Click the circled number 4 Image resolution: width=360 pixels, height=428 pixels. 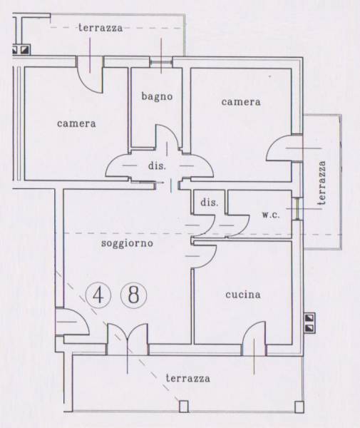pos(98,295)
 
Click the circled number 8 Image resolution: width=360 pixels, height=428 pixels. pos(133,295)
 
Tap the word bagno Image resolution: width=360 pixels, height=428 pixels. pos(157,96)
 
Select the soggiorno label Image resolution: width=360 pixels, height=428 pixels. pos(127,243)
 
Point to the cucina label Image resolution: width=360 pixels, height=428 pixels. pos(242,295)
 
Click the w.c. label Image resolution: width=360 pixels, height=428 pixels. pos(271,215)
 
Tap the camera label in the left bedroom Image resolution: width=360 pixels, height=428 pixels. pos(76,123)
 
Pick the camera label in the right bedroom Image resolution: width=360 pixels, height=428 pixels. pos(241,102)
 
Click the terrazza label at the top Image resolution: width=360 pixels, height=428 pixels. pos(101,28)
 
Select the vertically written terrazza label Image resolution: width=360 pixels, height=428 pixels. pos(322,183)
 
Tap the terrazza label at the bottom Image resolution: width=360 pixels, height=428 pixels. pos(188,378)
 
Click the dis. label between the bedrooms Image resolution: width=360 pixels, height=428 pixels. pos(157,165)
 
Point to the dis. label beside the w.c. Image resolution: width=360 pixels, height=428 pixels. pos(209,203)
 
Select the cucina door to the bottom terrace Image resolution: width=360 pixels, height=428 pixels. pos(254,339)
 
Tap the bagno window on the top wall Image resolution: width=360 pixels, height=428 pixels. pos(161,62)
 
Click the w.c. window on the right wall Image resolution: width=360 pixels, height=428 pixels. pos(298,208)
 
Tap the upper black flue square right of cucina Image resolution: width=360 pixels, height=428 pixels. pos(310,317)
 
